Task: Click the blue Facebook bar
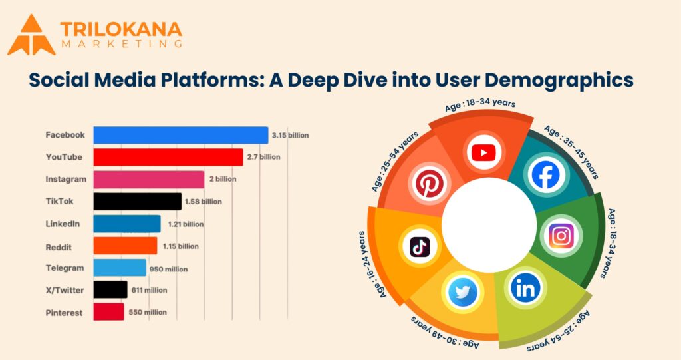[x=180, y=135]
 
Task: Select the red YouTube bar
[x=168, y=158]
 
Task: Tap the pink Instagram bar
[x=148, y=180]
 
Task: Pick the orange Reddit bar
[x=125, y=246]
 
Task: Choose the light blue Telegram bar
[x=120, y=268]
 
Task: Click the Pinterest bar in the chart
[x=108, y=312]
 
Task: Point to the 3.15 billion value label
[x=290, y=136]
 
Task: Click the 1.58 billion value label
[x=204, y=202]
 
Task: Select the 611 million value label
[x=148, y=290]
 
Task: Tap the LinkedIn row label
[x=63, y=224]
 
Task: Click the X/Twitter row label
[x=65, y=289]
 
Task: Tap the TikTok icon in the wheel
[x=420, y=247]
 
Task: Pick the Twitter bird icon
[x=462, y=293]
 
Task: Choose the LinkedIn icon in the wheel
[x=525, y=287]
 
